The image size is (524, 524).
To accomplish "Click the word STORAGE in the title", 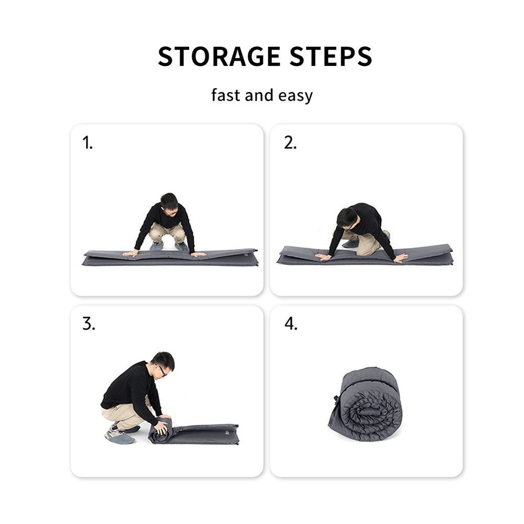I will click(212, 57).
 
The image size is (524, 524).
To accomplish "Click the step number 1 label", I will click(88, 143).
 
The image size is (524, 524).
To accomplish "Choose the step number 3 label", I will click(89, 324).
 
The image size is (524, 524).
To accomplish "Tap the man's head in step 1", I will click(169, 203).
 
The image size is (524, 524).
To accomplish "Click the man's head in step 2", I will click(347, 217).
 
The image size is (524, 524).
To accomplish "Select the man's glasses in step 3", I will click(162, 370).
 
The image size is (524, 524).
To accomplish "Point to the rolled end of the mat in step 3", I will click(160, 431).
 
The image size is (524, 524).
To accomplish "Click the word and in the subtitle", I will click(259, 95).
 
